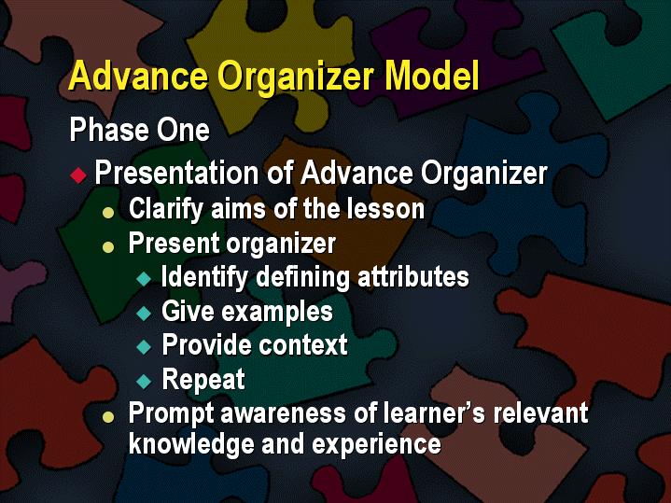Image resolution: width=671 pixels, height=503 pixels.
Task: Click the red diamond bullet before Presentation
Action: coord(79,175)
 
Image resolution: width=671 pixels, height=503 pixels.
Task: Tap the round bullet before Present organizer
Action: coord(110,246)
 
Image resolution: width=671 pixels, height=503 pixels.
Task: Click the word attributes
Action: coord(412,277)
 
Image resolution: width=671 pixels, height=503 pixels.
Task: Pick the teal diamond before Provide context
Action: coord(143,346)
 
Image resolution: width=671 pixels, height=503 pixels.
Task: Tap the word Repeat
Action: coord(203,380)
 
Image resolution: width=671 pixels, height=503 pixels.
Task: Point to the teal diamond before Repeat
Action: coord(143,381)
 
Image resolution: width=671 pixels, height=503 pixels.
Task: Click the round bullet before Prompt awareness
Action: coord(110,414)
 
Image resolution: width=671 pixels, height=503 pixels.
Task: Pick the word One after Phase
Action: coord(182,130)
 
